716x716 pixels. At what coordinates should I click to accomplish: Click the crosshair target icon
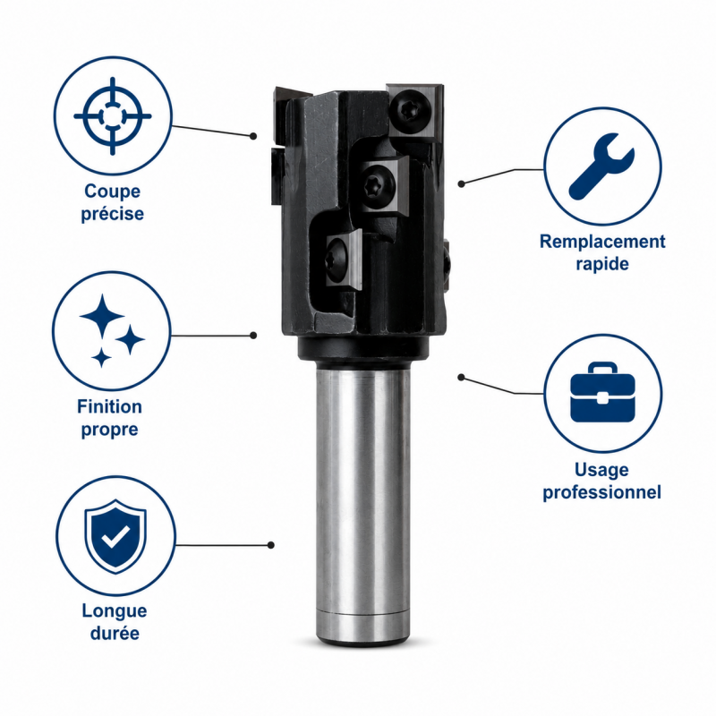(x=113, y=116)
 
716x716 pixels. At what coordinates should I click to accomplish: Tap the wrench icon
(x=601, y=166)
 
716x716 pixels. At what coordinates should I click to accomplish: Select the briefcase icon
(x=602, y=393)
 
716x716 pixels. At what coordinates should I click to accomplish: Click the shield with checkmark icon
(x=115, y=535)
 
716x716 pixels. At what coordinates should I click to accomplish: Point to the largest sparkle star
(x=102, y=316)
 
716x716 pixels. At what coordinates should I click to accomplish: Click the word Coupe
(x=113, y=191)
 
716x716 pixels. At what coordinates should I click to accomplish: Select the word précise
(x=113, y=214)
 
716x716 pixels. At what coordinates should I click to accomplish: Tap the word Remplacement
(x=602, y=242)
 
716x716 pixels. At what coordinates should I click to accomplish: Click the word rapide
(x=602, y=264)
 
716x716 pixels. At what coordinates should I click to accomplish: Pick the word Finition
(x=109, y=406)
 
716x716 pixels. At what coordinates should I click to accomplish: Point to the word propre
(x=109, y=430)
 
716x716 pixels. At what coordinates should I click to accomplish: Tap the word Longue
(x=115, y=611)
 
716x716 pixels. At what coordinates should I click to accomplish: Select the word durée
(x=115, y=633)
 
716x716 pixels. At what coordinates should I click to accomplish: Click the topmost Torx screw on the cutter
(x=411, y=110)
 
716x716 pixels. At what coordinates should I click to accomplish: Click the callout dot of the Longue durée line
(x=271, y=545)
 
